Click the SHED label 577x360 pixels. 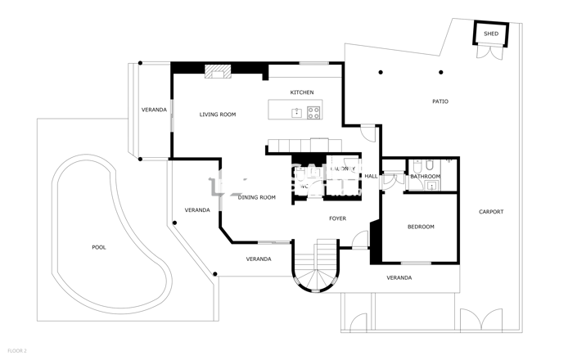click(490, 34)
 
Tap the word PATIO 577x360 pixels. click(440, 101)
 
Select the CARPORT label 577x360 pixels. click(491, 212)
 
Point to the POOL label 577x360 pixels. click(99, 247)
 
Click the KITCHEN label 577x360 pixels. click(302, 92)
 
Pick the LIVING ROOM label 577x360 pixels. click(218, 115)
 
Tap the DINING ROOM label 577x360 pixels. click(256, 197)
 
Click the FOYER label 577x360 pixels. click(337, 218)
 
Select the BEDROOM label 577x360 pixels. click(421, 227)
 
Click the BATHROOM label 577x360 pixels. click(425, 177)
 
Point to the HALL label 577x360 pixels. click(371, 176)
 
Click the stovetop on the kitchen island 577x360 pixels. click(314, 113)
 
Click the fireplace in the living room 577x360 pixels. click(218, 73)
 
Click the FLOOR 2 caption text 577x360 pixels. click(16, 351)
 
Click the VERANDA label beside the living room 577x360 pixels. click(154, 110)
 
